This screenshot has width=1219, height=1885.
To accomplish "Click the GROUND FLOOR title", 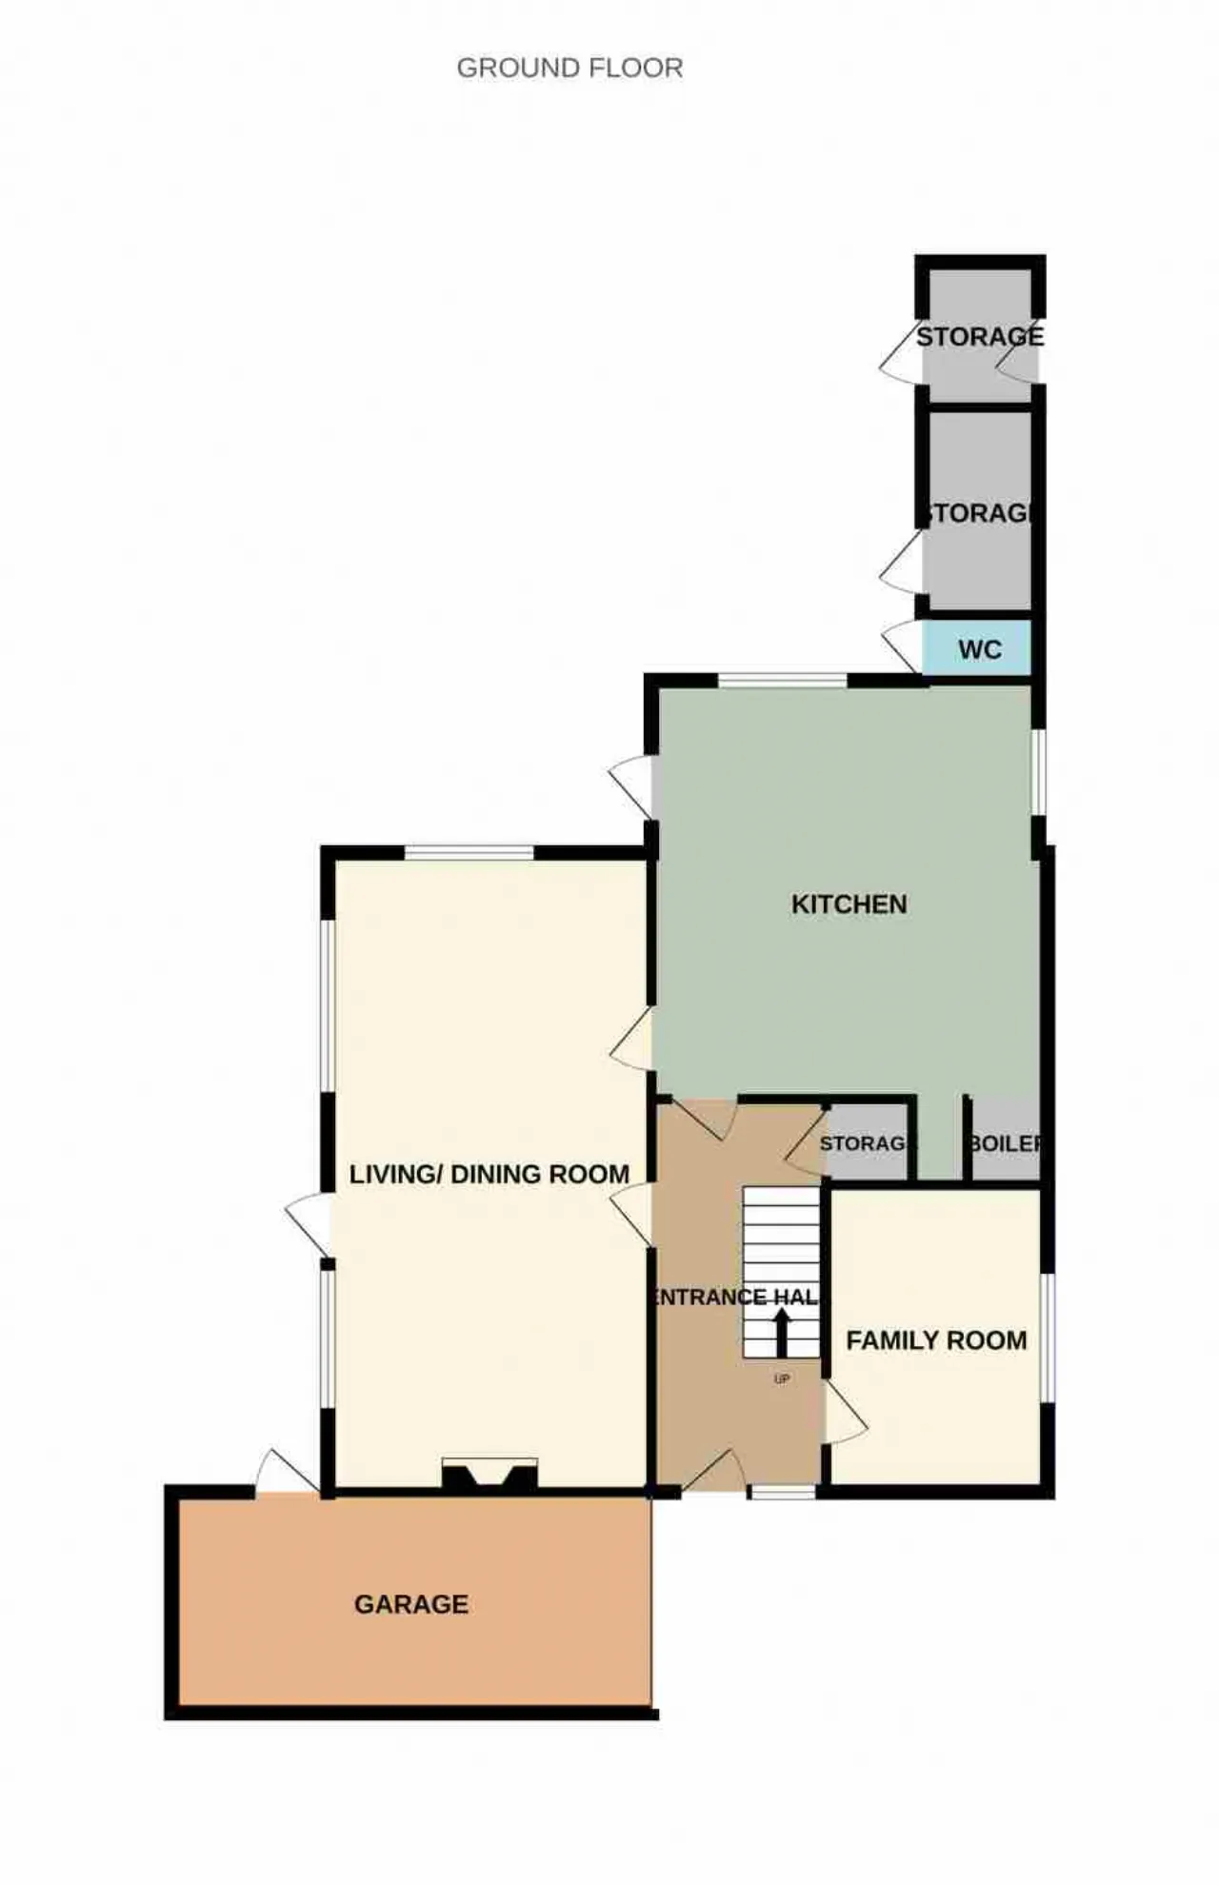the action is (x=570, y=69).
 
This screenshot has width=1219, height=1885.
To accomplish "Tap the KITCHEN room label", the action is (x=849, y=903).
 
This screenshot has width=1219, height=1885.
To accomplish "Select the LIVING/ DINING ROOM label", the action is (x=490, y=1174).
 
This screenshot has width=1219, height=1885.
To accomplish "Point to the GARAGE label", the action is (x=411, y=1604).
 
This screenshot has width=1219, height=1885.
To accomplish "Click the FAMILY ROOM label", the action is (x=936, y=1340).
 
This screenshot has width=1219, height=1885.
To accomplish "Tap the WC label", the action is (x=980, y=649).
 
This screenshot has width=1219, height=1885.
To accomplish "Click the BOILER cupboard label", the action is (x=1005, y=1142).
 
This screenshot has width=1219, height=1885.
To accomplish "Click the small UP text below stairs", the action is (x=782, y=1379).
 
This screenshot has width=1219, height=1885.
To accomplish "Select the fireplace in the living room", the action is (x=490, y=1473).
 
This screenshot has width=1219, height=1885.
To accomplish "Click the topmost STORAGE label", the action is (x=980, y=336).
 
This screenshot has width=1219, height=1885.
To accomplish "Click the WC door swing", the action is (x=903, y=647).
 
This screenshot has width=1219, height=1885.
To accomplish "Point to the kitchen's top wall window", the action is (x=782, y=680).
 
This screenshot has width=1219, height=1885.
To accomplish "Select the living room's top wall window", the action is (x=470, y=852).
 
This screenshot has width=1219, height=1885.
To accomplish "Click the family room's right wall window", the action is (x=1047, y=1338).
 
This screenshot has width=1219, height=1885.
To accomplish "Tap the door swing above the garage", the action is (x=287, y=1472).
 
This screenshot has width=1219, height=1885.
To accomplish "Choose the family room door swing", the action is (x=846, y=1414).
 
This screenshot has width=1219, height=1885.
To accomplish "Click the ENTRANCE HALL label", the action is (x=736, y=1297).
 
